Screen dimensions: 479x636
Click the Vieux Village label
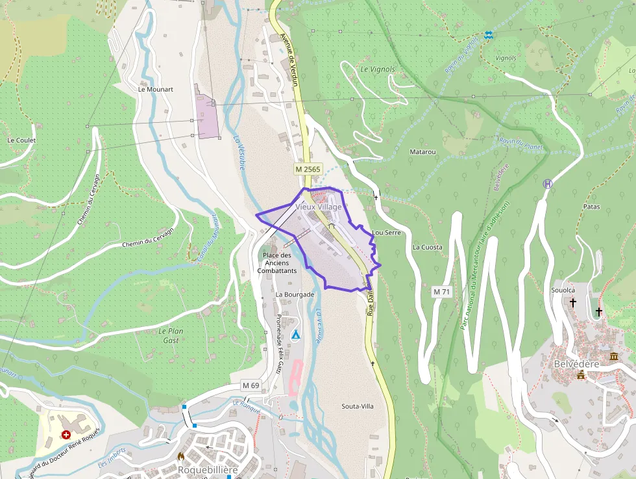[x=318, y=207]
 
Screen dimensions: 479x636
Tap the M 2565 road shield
[x=308, y=169]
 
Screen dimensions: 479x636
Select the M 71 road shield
[x=441, y=292]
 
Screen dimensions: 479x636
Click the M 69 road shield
[x=251, y=385]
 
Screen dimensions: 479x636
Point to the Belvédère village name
[x=576, y=364]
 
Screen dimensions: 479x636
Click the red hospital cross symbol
[x=66, y=434]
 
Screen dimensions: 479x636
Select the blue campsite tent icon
[x=296, y=335]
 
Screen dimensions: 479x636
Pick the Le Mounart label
[x=155, y=90]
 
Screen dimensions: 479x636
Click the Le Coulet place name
[x=21, y=140]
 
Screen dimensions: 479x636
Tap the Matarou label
[x=422, y=151]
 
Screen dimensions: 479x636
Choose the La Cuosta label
[x=427, y=247]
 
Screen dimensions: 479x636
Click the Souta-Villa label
[x=358, y=406]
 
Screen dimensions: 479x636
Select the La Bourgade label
[x=295, y=294]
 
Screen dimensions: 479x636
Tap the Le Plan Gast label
[x=171, y=335]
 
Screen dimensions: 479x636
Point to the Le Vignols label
[x=378, y=69]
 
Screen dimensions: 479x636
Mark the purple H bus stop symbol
[x=548, y=184]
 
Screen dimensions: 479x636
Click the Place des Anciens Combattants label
[x=277, y=263]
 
